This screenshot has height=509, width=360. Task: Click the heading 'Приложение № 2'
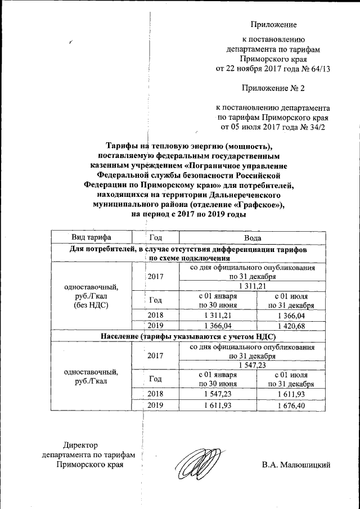273,88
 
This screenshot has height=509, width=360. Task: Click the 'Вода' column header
245,238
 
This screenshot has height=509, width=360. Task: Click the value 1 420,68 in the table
291,326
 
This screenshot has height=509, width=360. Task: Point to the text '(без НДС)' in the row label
91,305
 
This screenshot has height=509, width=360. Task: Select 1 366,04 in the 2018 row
291,315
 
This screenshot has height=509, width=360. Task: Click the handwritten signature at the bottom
195,462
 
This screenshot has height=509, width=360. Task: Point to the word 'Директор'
65,445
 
